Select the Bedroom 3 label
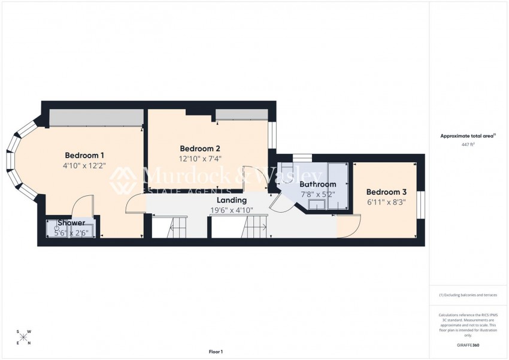[x=386, y=192]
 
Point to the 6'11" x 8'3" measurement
[x=386, y=202]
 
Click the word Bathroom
[x=318, y=184]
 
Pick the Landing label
[x=231, y=200]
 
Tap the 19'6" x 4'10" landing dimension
[x=231, y=210]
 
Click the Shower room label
[x=71, y=223]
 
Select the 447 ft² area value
[x=468, y=144]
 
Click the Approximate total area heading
[x=468, y=136]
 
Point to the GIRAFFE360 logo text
[x=468, y=345]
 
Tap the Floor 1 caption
[x=216, y=352]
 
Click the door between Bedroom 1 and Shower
[x=82, y=207]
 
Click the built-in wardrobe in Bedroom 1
[x=96, y=117]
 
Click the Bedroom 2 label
[x=200, y=149]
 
